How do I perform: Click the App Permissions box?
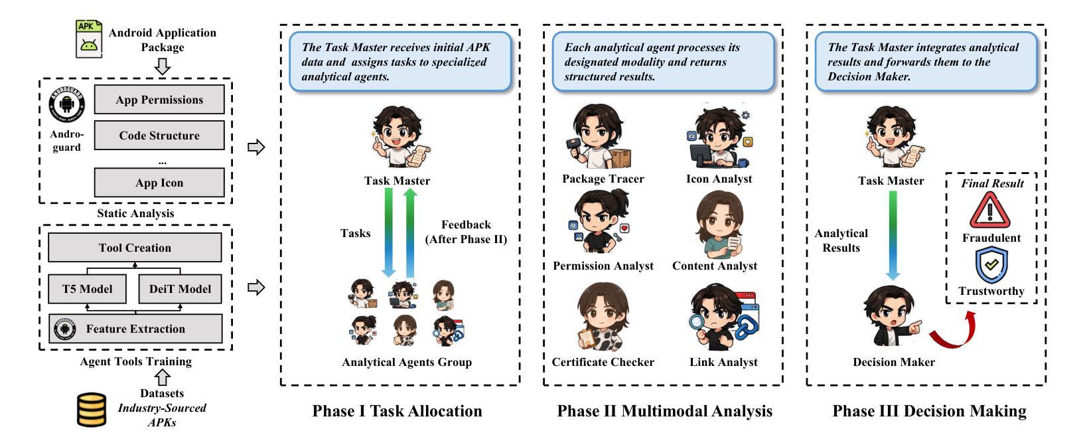[x=159, y=100]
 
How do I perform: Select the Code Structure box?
[x=159, y=135]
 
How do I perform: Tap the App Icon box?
[x=159, y=183]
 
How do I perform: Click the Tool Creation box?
[x=135, y=248]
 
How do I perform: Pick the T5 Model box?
[x=87, y=289]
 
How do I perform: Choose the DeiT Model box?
[x=180, y=289]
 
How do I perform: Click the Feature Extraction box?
[x=135, y=329]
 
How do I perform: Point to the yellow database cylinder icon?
[x=92, y=410]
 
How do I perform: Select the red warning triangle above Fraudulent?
[x=990, y=211]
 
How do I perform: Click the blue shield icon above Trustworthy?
[x=991, y=265]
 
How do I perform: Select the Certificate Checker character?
[x=602, y=319]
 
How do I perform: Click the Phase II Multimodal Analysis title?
[x=664, y=411]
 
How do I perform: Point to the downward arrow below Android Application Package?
[x=163, y=67]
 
